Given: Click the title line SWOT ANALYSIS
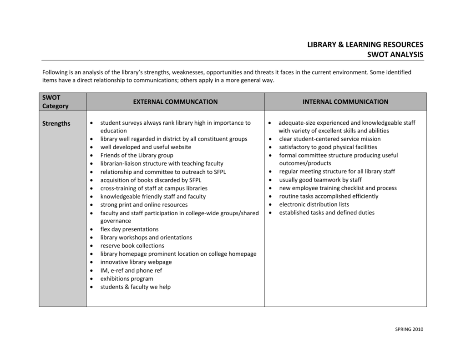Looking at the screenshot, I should point(395,55).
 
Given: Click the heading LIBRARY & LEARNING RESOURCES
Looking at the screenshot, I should point(365,45).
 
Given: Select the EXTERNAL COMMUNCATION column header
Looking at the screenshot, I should point(175,101).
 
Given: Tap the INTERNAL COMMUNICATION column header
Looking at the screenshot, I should point(345,101).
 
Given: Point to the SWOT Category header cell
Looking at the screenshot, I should point(55,101).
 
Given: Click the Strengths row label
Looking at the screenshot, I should point(56,123).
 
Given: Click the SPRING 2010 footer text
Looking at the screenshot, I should point(409,330).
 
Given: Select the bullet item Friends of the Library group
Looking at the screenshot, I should point(137,155).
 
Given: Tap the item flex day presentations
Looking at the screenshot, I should point(129,229).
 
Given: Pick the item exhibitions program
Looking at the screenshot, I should point(127,279).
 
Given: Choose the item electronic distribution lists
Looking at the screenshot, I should point(314,204).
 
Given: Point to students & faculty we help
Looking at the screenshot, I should point(135,287).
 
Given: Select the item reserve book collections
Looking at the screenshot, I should point(132,245).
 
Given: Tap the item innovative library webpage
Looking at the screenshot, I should point(136,262).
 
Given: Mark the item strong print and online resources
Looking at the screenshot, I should point(137,204).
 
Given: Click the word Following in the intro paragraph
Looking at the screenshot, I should point(55,72).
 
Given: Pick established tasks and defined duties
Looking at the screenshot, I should point(327,213).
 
